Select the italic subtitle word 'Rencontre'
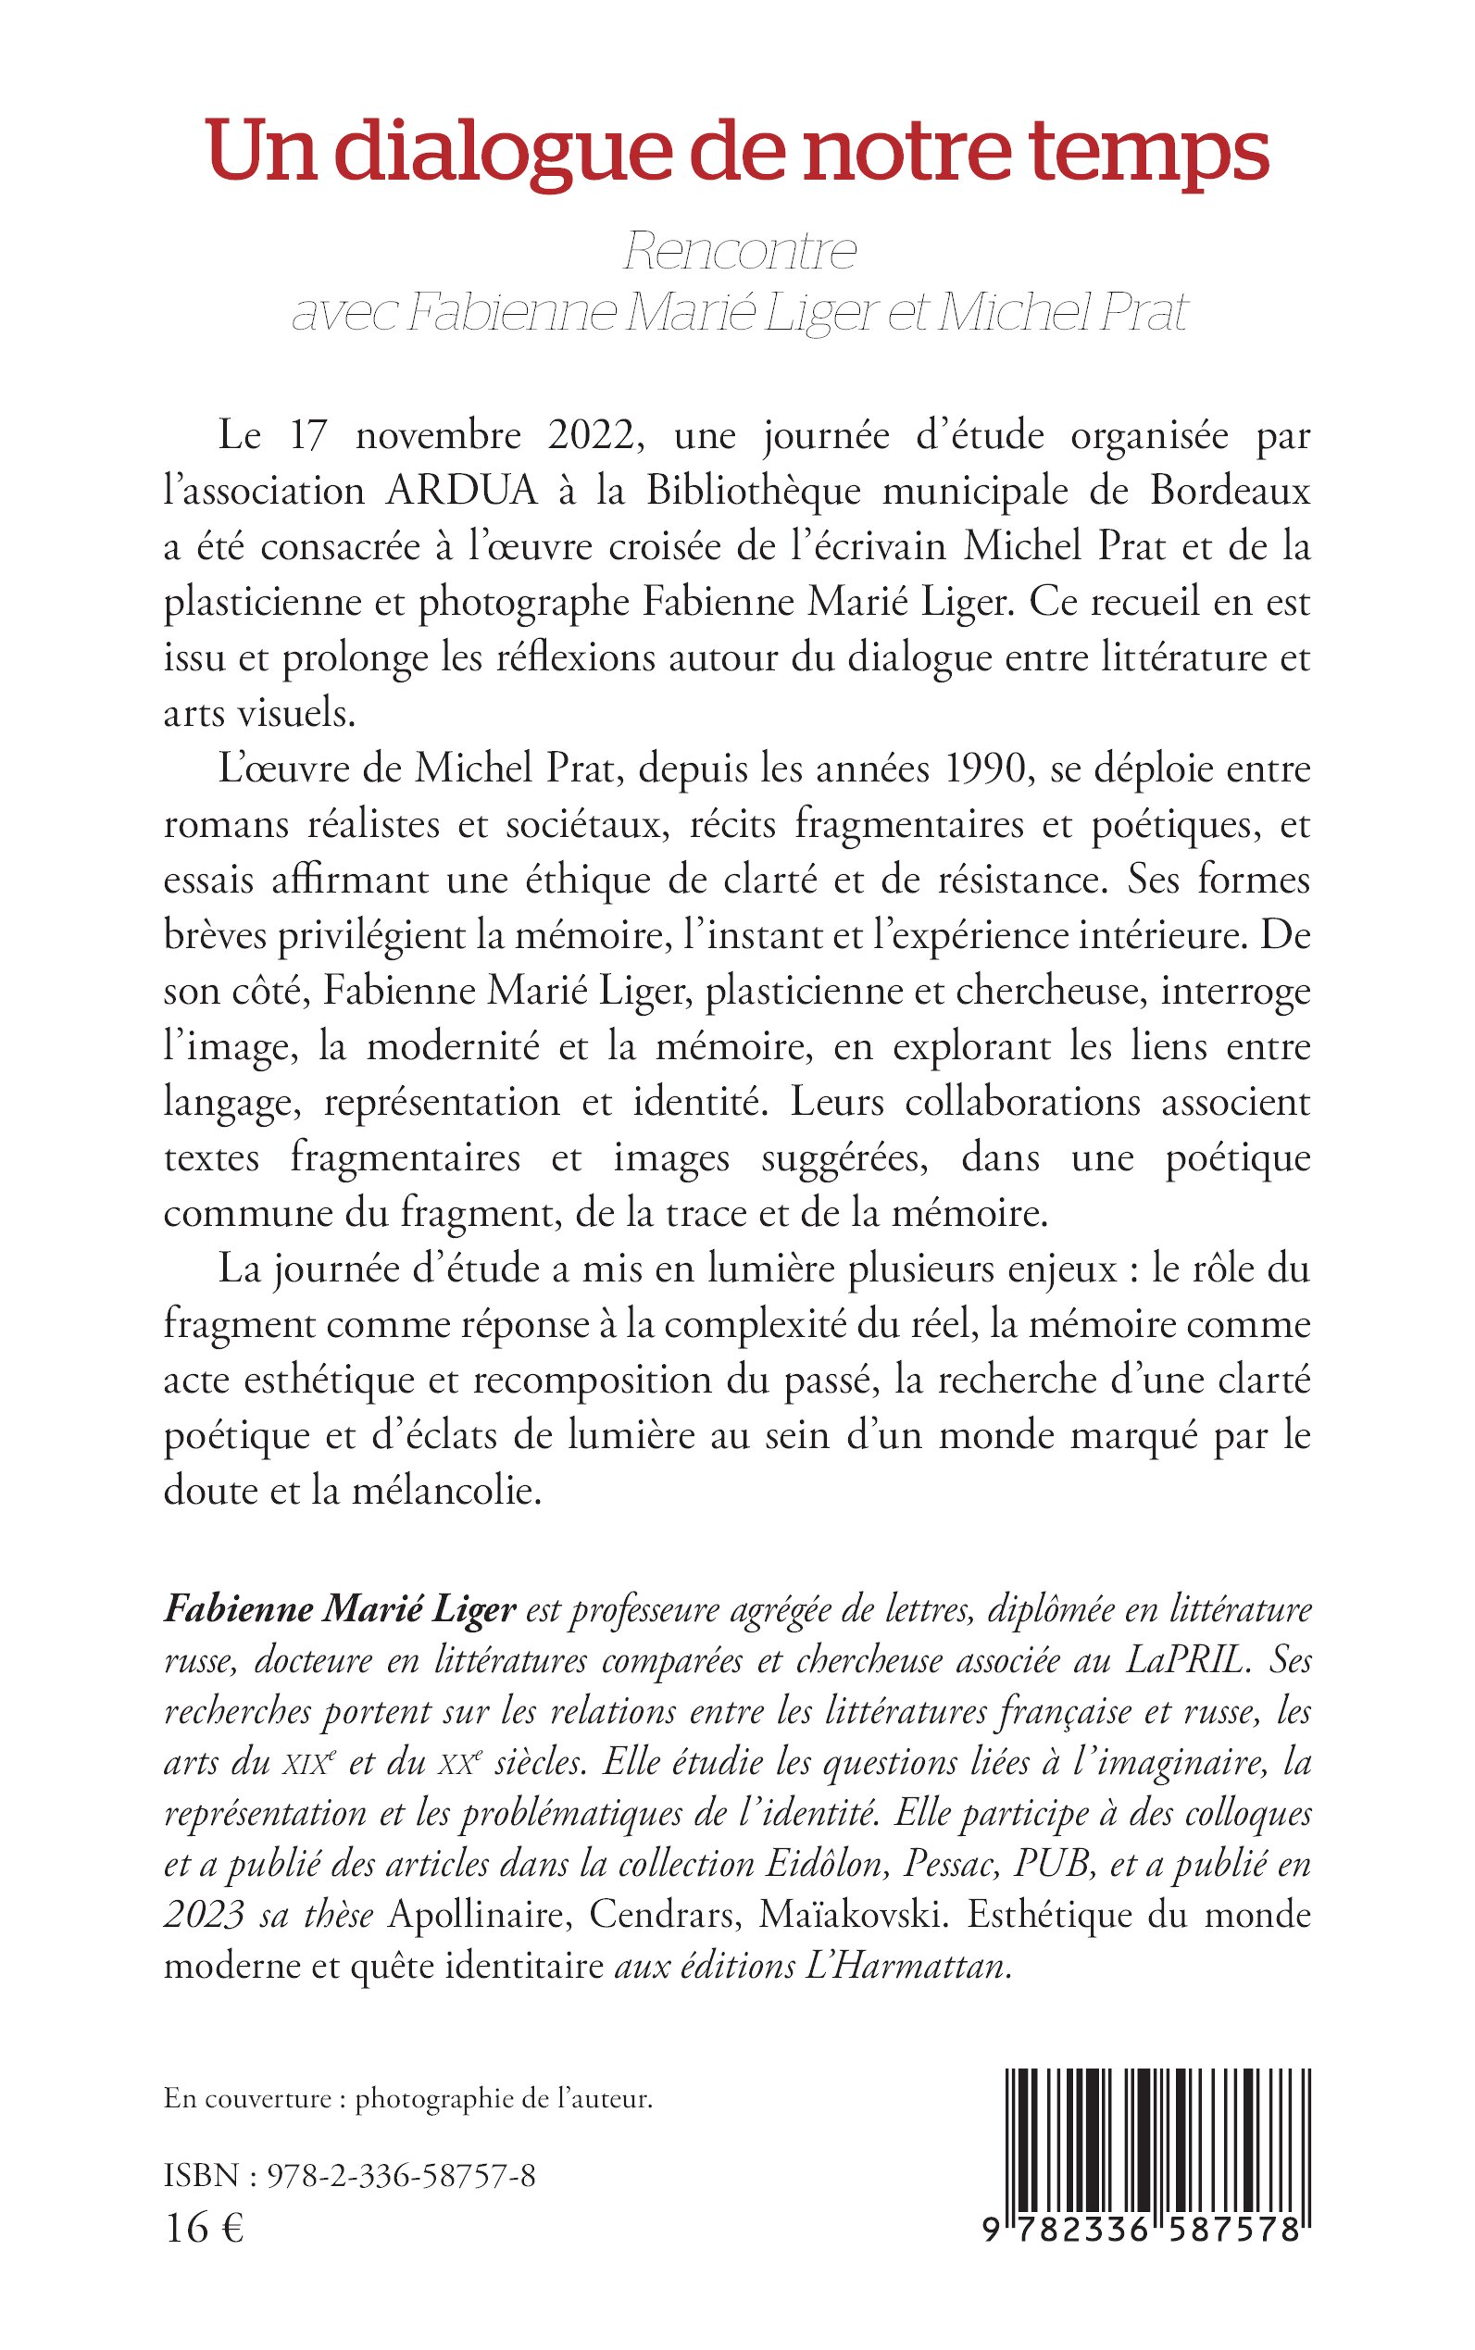pyautogui.click(x=740, y=252)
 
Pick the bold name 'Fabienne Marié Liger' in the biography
pyautogui.click(x=340, y=1608)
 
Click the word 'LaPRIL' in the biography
pyautogui.click(x=1186, y=1659)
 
